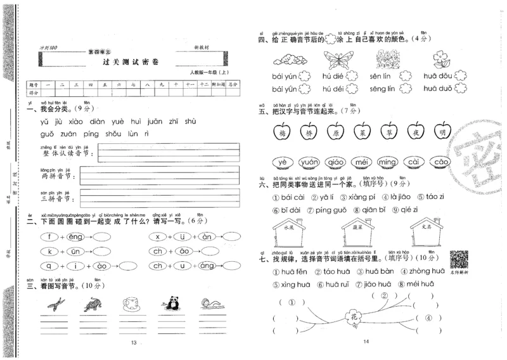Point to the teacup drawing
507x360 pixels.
pos(131,304)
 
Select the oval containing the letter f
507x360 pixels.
pos(49,237)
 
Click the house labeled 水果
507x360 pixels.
pos(290,232)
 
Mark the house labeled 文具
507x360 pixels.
pos(425,232)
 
